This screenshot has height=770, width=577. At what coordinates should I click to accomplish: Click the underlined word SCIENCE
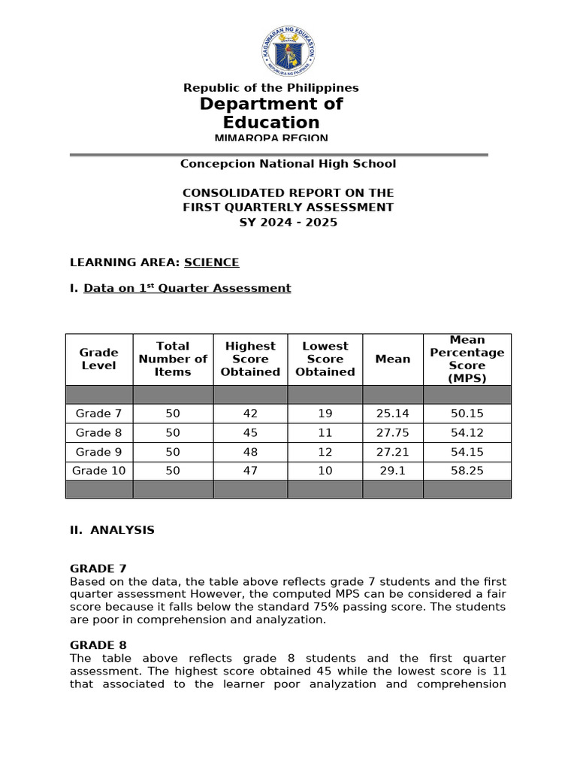[x=211, y=262]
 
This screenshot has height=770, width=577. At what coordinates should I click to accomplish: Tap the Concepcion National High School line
[x=288, y=164]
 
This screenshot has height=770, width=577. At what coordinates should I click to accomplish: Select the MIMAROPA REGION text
[x=271, y=138]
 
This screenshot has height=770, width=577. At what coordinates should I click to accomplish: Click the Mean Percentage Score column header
[x=467, y=359]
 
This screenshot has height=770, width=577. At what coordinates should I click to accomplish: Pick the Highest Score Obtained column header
[x=250, y=359]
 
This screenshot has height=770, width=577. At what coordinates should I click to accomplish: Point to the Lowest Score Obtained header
[x=325, y=359]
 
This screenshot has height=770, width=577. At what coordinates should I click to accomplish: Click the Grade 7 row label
[x=98, y=413]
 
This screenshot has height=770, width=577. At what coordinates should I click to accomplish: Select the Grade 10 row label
[x=98, y=471]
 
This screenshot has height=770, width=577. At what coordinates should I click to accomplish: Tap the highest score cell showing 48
[x=250, y=452]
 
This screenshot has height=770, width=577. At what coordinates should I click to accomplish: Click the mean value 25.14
[x=392, y=413]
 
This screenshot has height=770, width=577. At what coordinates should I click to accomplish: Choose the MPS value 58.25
[x=467, y=471]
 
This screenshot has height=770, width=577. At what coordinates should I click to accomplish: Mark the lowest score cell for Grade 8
[x=325, y=432]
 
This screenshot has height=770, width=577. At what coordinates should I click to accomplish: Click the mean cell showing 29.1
[x=392, y=471]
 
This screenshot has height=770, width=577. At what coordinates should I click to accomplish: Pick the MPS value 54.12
[x=467, y=432]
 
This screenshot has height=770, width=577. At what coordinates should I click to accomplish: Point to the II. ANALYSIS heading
[x=112, y=530]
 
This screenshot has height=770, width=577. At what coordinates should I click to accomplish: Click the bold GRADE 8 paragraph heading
[x=98, y=645]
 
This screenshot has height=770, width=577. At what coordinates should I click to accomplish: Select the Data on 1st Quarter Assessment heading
[x=187, y=288]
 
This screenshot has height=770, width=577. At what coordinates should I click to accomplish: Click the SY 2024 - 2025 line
[x=288, y=223]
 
